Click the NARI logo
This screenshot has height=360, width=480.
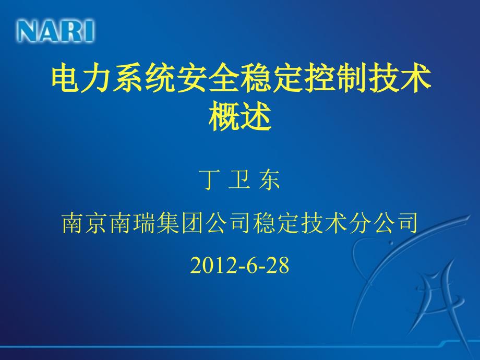(56, 31)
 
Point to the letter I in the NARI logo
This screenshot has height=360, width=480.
(89, 31)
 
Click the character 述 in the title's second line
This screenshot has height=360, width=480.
(256, 117)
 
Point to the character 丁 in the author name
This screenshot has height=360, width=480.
(210, 179)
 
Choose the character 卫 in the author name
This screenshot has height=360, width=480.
(239, 179)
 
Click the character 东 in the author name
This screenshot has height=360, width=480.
(269, 179)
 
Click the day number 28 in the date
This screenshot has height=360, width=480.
(278, 265)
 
